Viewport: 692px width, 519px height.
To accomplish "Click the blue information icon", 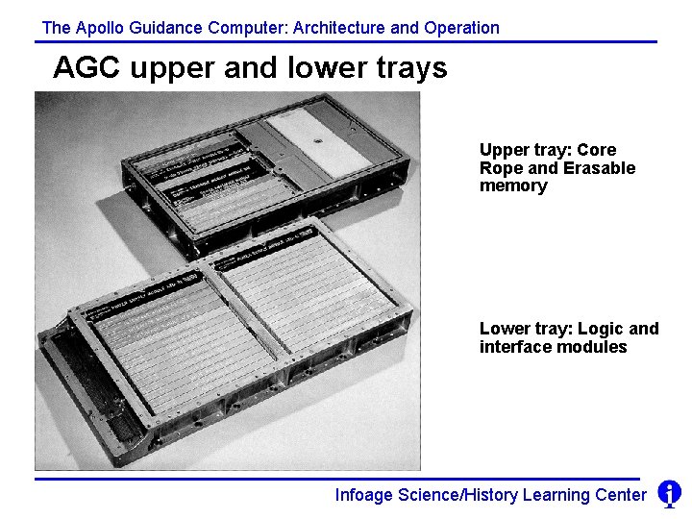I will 669,494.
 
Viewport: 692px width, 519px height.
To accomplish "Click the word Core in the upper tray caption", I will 597,150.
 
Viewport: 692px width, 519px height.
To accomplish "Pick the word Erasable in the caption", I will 599,168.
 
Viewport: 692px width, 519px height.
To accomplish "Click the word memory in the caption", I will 512,185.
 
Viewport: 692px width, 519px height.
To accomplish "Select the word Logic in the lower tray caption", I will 603,329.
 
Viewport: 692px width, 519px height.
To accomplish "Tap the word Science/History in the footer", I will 457,495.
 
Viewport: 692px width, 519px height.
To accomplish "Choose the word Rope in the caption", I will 500,168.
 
